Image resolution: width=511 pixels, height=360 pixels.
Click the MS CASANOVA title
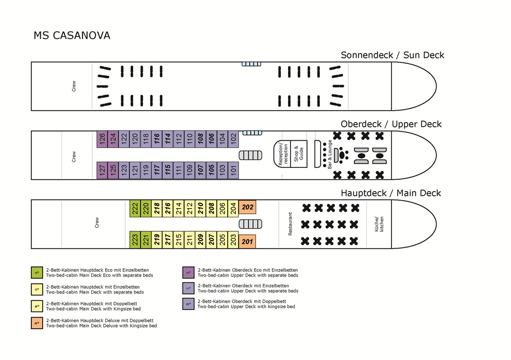coord(72,36)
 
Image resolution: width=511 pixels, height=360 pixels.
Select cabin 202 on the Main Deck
coord(248,208)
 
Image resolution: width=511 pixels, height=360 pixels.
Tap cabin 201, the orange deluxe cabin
coord(248,241)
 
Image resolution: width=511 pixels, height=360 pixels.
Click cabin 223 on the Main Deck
coord(135,240)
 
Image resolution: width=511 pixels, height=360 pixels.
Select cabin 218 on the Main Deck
coord(157,208)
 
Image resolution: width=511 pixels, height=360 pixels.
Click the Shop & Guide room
coord(299,154)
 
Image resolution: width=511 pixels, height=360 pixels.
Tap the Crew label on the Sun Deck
coord(74,86)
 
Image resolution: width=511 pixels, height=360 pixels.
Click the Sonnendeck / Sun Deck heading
coord(392,55)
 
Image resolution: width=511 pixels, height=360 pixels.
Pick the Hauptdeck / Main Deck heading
coord(391,193)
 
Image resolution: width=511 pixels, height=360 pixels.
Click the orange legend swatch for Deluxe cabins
coord(36,323)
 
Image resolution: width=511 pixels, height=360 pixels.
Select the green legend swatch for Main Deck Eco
coord(36,272)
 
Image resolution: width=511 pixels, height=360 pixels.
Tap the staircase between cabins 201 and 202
coord(248,224)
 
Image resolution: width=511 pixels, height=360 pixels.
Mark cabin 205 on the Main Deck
coord(222,240)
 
